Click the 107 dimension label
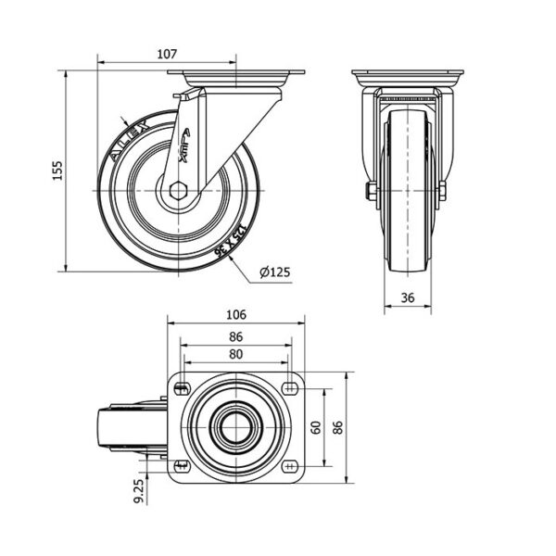click(x=167, y=55)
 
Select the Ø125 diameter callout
click(x=275, y=272)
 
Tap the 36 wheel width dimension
click(x=410, y=297)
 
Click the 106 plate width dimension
click(x=235, y=314)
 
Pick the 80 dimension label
click(x=235, y=354)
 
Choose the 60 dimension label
click(x=315, y=427)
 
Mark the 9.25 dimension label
click(x=138, y=491)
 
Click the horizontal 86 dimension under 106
click(x=235, y=335)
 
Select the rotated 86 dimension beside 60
click(x=338, y=427)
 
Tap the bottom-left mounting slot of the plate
click(x=180, y=464)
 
